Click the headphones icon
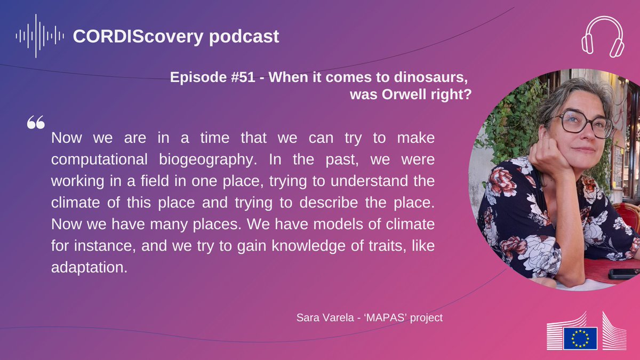tap(603, 36)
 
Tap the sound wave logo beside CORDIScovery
tap(40, 36)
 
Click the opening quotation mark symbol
tap(35, 123)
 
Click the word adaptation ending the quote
tap(89, 267)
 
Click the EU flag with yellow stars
tap(580, 338)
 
